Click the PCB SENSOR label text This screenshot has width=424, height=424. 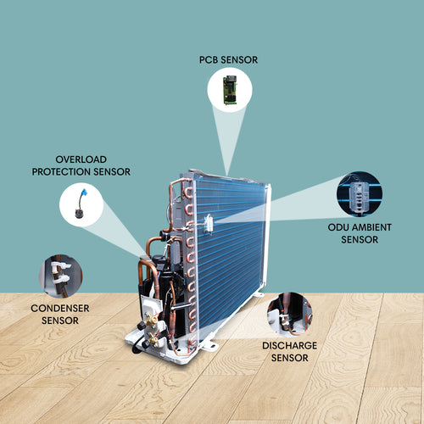228,60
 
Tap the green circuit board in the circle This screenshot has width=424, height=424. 230,90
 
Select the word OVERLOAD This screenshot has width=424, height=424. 81,159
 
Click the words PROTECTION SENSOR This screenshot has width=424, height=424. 81,172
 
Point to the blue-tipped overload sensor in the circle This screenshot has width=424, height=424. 81,204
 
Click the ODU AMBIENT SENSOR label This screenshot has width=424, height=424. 360,233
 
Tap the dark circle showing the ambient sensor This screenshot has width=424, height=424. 360,194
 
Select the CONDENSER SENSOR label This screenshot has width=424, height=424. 60,315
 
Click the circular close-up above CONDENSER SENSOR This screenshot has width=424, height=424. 60,276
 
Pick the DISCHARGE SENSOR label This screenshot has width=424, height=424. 290,352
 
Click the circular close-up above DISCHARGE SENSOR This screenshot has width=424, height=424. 290,314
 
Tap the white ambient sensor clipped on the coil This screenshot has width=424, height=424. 209,223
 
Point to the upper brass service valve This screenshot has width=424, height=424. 151,321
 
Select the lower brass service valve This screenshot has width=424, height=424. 153,338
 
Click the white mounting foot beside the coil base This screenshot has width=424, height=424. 209,345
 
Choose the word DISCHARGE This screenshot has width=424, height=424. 290,345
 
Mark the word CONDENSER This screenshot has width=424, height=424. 60,308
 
